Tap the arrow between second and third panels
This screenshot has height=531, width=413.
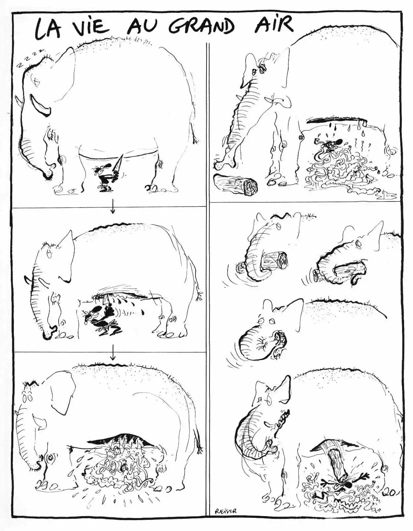click(112, 352)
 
